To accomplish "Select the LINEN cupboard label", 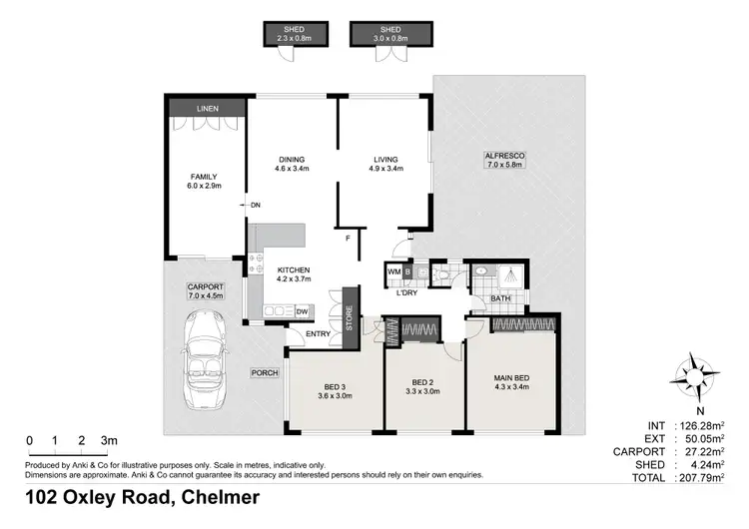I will click(x=207, y=107).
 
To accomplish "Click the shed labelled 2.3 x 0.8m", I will click(x=295, y=35).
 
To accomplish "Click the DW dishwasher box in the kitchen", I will click(x=302, y=312).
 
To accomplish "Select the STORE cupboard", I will click(x=349, y=318).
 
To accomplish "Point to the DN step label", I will click(x=256, y=206).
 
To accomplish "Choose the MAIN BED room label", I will click(x=512, y=377).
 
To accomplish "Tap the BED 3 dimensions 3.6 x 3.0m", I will click(x=335, y=396).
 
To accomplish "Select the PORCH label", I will click(x=265, y=372).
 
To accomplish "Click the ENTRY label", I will click(x=319, y=334).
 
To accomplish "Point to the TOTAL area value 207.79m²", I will click(x=702, y=478).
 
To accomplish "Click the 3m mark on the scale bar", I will click(x=110, y=440).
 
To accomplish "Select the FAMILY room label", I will click(x=204, y=177).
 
